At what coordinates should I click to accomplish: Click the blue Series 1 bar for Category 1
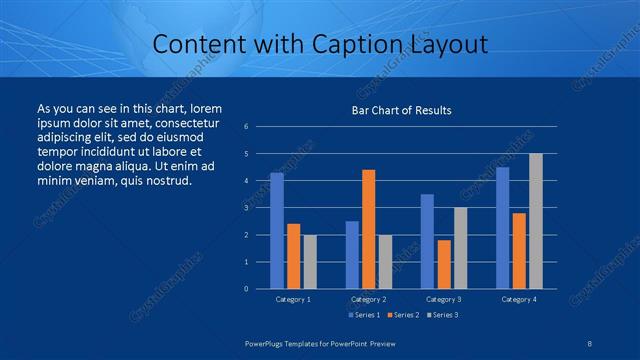click(277, 231)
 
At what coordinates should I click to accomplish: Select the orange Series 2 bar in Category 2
click(369, 229)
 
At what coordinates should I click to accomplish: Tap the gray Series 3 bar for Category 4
click(536, 221)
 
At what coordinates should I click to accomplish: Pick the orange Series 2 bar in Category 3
click(444, 264)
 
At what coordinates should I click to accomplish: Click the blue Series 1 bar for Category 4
click(502, 228)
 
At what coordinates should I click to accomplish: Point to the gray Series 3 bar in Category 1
click(310, 262)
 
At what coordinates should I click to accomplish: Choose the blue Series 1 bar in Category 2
click(352, 255)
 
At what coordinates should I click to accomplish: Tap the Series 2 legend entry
click(402, 315)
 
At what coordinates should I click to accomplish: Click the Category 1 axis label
click(293, 299)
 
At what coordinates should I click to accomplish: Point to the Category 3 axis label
click(443, 299)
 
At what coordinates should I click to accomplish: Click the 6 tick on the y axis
click(246, 127)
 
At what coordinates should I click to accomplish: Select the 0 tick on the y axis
click(246, 289)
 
